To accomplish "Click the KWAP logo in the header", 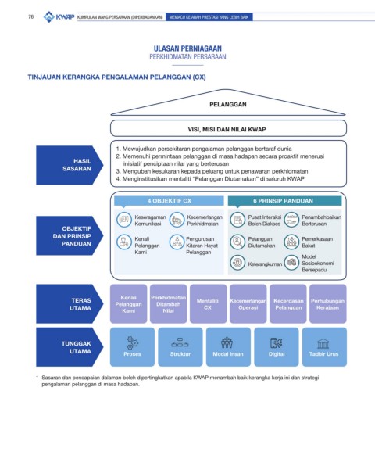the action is pyautogui.click(x=59, y=16).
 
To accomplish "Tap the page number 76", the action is pyautogui.click(x=31, y=17).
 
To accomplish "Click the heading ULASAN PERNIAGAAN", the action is pyautogui.click(x=187, y=48).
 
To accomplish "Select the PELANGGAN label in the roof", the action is pyautogui.click(x=228, y=105).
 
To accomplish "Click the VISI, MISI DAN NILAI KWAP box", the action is pyautogui.click(x=228, y=128).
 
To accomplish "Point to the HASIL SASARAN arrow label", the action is pyautogui.click(x=70, y=165).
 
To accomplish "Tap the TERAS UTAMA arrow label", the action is pyautogui.click(x=70, y=304).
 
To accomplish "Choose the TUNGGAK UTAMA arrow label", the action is pyautogui.click(x=70, y=347).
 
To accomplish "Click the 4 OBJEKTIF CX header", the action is pyautogui.click(x=169, y=201).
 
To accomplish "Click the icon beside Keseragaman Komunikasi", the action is pyautogui.click(x=124, y=220).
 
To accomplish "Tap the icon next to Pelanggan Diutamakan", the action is pyautogui.click(x=237, y=242).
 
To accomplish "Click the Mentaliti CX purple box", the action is pyautogui.click(x=208, y=304).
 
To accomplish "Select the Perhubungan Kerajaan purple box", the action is pyautogui.click(x=328, y=304).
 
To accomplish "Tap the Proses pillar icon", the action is pyautogui.click(x=133, y=342).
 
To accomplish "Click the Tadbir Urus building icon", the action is pyautogui.click(x=323, y=344).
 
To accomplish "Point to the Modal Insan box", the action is pyautogui.click(x=228, y=347).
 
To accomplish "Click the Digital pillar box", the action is pyautogui.click(x=277, y=347).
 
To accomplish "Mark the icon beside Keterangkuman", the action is pyautogui.click(x=237, y=263).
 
